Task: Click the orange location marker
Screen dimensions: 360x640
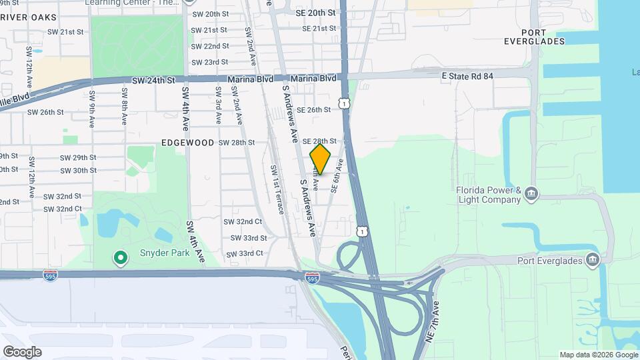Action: tap(320, 159)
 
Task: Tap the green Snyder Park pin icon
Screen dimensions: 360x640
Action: tap(121, 257)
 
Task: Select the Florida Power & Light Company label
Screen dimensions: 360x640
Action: tap(488, 195)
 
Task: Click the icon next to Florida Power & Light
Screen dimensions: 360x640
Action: tap(531, 194)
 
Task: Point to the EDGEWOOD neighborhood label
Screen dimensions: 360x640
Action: tap(187, 143)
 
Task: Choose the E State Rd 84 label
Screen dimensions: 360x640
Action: tap(467, 77)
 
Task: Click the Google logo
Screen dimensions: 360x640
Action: tap(22, 352)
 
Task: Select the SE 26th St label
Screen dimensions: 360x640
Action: tap(313, 110)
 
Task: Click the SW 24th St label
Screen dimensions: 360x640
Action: tap(153, 80)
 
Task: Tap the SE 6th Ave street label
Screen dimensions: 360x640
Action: tap(337, 175)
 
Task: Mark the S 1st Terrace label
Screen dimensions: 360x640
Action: tap(277, 189)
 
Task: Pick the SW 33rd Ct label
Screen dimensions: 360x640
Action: tap(245, 254)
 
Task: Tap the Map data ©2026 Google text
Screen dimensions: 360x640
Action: tap(597, 355)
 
